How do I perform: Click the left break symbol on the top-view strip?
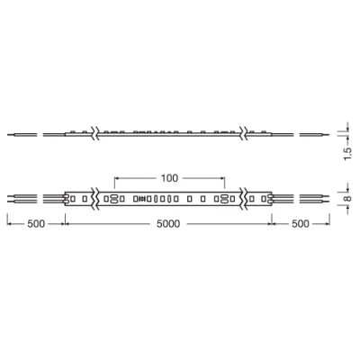pos(96,197)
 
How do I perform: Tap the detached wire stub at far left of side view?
pos(22,136)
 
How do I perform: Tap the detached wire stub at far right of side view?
pos(312,136)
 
